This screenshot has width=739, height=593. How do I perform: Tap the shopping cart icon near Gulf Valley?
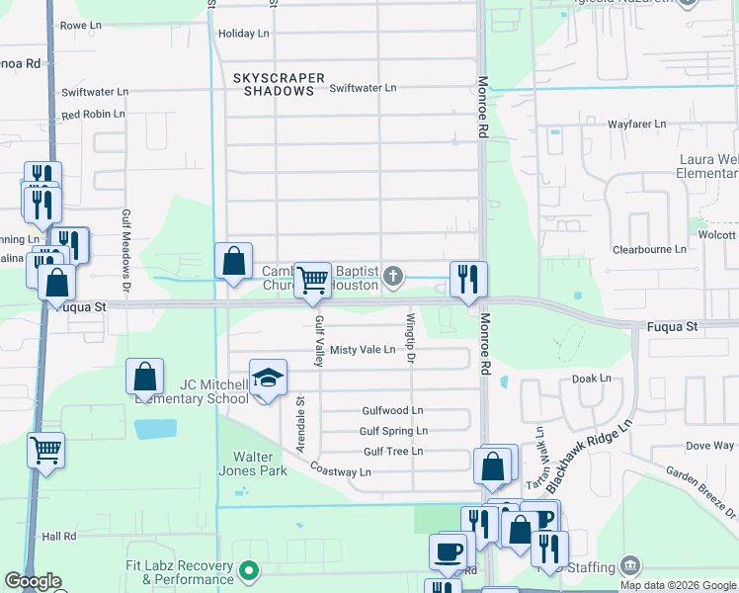(x=313, y=281)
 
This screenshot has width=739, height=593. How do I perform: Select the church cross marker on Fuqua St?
(x=393, y=275)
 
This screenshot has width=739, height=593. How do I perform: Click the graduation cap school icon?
(x=268, y=378)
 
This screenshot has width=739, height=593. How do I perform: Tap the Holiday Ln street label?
(x=243, y=34)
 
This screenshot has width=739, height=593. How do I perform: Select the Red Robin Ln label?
(x=93, y=115)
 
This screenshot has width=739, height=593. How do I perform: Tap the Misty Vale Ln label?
(x=363, y=350)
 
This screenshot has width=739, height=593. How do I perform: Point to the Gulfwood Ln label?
(x=392, y=410)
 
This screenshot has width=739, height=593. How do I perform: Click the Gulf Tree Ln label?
(x=392, y=452)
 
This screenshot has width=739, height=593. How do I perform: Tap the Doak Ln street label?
(x=587, y=380)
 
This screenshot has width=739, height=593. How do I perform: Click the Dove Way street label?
(x=709, y=446)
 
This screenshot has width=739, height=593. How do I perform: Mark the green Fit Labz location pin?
(x=249, y=571)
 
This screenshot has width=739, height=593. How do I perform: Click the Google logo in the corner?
(x=33, y=581)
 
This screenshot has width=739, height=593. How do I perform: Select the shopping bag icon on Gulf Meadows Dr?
(x=144, y=377)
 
